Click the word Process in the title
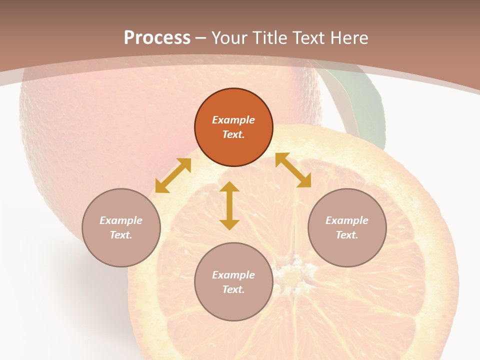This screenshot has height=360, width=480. tap(157, 38)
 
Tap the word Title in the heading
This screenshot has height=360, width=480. tap(269, 38)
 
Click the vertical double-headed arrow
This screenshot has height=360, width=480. tap(229, 205)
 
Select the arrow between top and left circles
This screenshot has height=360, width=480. tap(173, 175)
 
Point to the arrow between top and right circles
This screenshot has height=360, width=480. tap(293, 170)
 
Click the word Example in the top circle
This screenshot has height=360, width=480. tap(233, 120)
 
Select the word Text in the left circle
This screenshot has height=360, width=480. tap(121, 235)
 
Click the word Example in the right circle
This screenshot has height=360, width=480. tap(347, 220)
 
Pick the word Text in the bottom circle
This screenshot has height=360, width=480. tap(233, 289)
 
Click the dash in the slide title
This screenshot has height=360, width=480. tap(201, 38)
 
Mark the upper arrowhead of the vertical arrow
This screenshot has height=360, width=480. tap(229, 186)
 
